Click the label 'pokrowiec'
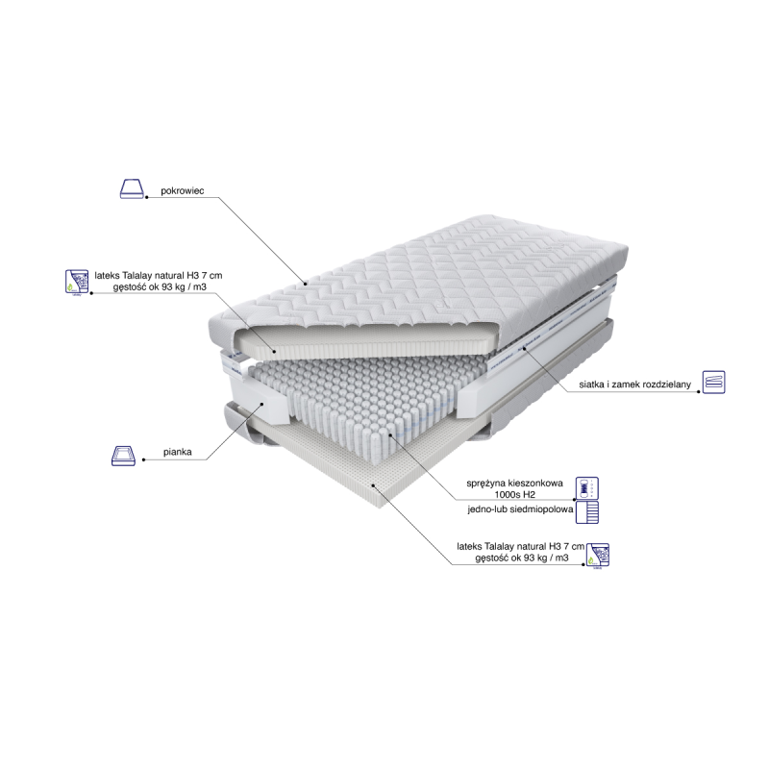pyautogui.click(x=182, y=190)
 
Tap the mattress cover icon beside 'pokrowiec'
pyautogui.click(x=132, y=188)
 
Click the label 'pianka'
pyautogui.click(x=177, y=452)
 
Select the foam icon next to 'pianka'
pyautogui.click(x=123, y=456)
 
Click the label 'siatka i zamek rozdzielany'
pyautogui.click(x=634, y=384)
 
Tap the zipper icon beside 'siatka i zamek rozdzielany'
pyautogui.click(x=713, y=382)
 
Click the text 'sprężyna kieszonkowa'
pyautogui.click(x=514, y=484)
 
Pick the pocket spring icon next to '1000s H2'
pyautogui.click(x=587, y=488)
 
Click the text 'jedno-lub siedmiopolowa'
pyautogui.click(x=520, y=509)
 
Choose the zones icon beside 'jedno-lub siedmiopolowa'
pyautogui.click(x=587, y=512)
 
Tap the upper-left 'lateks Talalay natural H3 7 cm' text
pyautogui.click(x=159, y=276)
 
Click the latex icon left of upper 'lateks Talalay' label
pyautogui.click(x=77, y=282)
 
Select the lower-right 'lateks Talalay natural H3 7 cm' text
pyautogui.click(x=520, y=546)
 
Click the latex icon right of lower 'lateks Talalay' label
pyautogui.click(x=598, y=556)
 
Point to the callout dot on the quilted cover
pyautogui.click(x=305, y=284)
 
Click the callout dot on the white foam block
pyautogui.click(x=261, y=404)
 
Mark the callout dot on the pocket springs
pyautogui.click(x=390, y=434)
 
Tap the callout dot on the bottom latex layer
pyautogui.click(x=373, y=485)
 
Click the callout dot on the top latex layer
pyautogui.click(x=274, y=351)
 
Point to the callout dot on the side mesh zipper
pyautogui.click(x=524, y=348)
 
